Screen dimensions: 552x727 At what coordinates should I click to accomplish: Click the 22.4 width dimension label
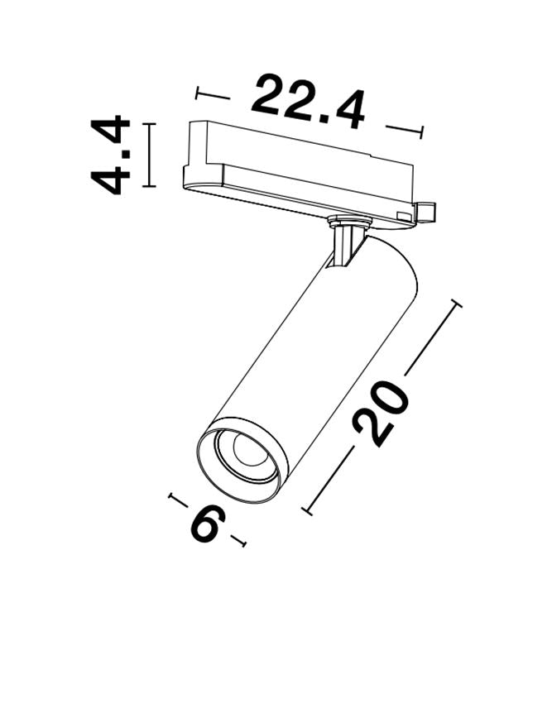click(308, 102)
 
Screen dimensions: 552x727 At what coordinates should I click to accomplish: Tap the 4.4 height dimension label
click(110, 155)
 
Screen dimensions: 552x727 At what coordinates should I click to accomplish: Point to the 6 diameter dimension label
click(206, 524)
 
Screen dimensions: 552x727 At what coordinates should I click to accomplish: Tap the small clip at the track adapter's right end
click(426, 213)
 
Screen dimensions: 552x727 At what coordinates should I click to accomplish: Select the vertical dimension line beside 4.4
click(148, 155)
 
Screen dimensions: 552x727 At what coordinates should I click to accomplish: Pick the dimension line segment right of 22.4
click(405, 131)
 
